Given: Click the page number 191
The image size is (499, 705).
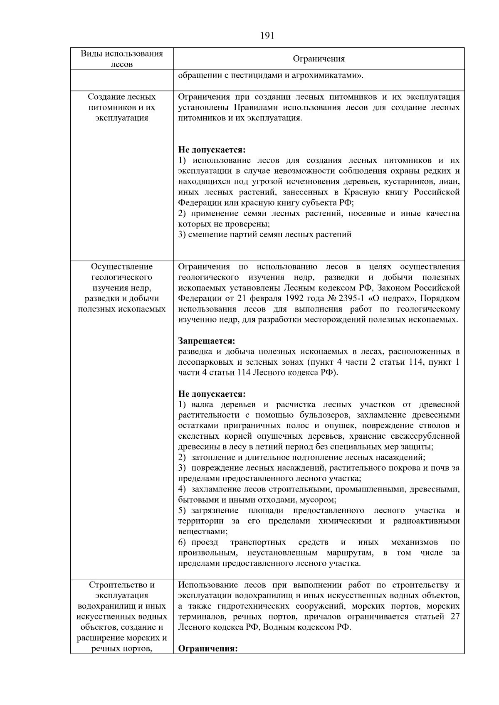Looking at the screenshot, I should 267,36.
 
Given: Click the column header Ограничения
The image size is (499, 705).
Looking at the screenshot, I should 319,59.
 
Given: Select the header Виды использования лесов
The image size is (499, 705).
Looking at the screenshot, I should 121,59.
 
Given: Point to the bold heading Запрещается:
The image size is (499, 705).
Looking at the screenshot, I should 207,341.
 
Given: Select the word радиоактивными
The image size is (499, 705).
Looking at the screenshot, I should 426,521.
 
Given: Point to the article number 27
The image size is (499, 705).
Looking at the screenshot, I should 455,616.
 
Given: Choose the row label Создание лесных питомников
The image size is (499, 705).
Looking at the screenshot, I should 121,107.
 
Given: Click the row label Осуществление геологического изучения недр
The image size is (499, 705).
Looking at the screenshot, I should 121,287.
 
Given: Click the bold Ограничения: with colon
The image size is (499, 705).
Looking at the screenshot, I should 208,649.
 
